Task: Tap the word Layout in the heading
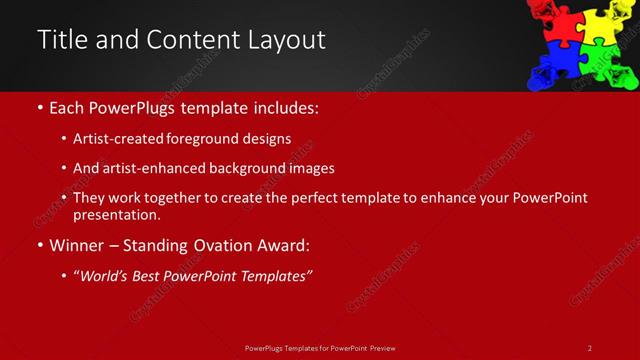coord(287,40)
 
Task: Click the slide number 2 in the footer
coord(590,348)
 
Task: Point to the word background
coord(239,169)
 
